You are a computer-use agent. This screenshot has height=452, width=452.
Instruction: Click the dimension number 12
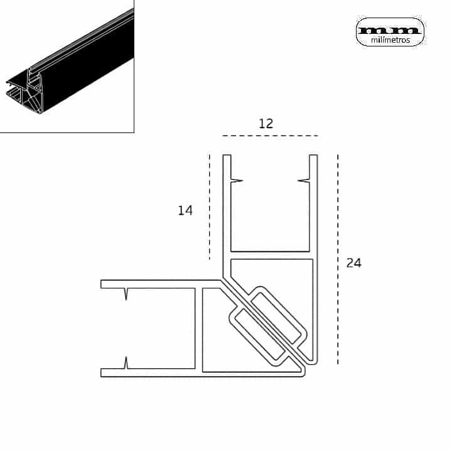pos(266,124)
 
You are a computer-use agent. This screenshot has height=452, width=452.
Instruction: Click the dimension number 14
pos(185,210)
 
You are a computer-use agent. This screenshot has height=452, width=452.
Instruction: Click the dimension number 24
pos(353,263)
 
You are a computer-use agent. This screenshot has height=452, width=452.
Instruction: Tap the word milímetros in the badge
pos(390,40)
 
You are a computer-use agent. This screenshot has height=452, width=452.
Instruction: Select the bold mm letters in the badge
pos(390,30)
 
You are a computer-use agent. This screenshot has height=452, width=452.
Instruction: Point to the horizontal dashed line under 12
pos(270,136)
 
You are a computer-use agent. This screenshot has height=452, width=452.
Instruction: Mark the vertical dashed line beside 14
pos(210,207)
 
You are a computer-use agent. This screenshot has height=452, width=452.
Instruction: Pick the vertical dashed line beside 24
pos(338,259)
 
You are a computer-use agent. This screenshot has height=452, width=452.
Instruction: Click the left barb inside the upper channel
pos(237,181)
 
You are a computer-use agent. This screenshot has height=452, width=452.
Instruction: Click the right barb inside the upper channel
pos(304,181)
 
